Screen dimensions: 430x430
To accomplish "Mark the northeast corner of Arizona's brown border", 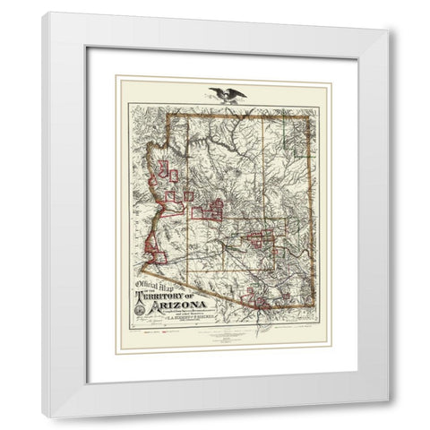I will [314, 114].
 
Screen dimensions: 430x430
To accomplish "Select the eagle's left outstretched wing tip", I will [208, 88].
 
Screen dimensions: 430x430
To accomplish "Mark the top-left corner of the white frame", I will [43, 13].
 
